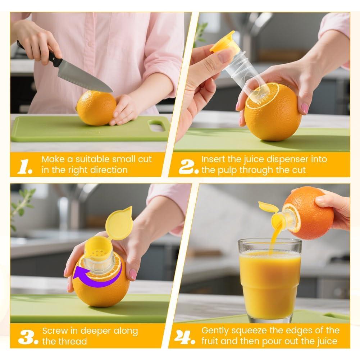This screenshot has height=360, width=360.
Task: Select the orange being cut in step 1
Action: tap(96, 108)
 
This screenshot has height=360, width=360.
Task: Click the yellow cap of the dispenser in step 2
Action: tap(222, 41)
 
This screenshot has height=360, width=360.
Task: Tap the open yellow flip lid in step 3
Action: tap(119, 223)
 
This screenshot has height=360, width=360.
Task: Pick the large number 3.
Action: tap(28, 337)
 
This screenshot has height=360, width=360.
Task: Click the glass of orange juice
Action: tap(270, 280)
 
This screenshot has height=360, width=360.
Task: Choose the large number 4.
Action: tap(185, 337)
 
